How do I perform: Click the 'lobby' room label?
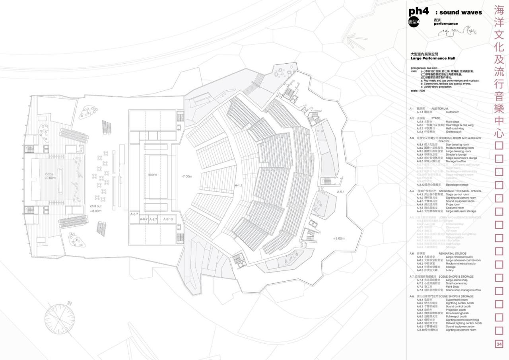click(49, 175)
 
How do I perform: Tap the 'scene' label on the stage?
click(153, 175)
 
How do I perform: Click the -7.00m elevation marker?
click(187, 176)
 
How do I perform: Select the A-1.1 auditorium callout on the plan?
click(239, 185)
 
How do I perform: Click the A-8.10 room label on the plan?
click(168, 219)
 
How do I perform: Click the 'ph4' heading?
click(418, 12)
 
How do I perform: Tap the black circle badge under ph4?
click(414, 23)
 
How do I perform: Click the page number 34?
click(499, 344)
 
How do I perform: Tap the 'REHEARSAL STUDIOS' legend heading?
click(456, 253)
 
